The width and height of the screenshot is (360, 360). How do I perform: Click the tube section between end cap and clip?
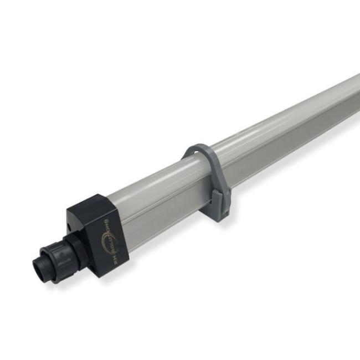pos(155,194)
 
